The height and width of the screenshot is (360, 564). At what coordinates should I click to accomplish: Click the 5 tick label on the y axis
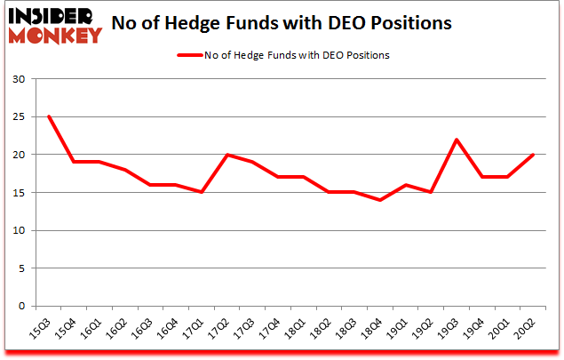point(20,268)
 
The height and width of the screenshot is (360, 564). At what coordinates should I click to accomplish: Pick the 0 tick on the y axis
point(20,307)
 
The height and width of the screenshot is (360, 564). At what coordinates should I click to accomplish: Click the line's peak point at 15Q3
point(49,116)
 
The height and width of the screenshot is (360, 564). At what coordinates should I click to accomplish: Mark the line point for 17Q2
point(228,155)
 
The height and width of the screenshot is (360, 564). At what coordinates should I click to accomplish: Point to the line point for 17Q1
point(203,192)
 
